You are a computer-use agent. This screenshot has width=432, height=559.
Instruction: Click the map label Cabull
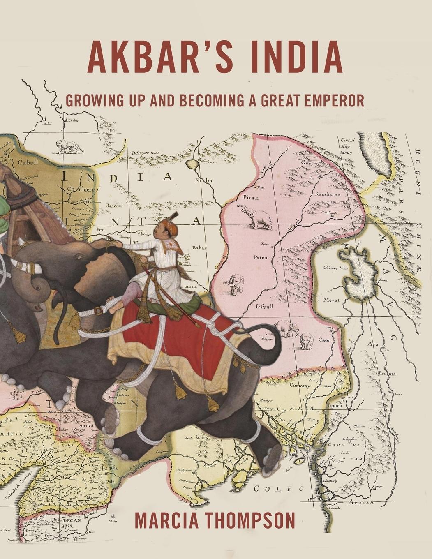pos(28,162)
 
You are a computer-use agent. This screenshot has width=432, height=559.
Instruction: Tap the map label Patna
pos(260,258)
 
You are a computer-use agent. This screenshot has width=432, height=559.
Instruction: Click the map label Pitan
pos(251,198)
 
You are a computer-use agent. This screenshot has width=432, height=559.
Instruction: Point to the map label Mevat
pos(331,300)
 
